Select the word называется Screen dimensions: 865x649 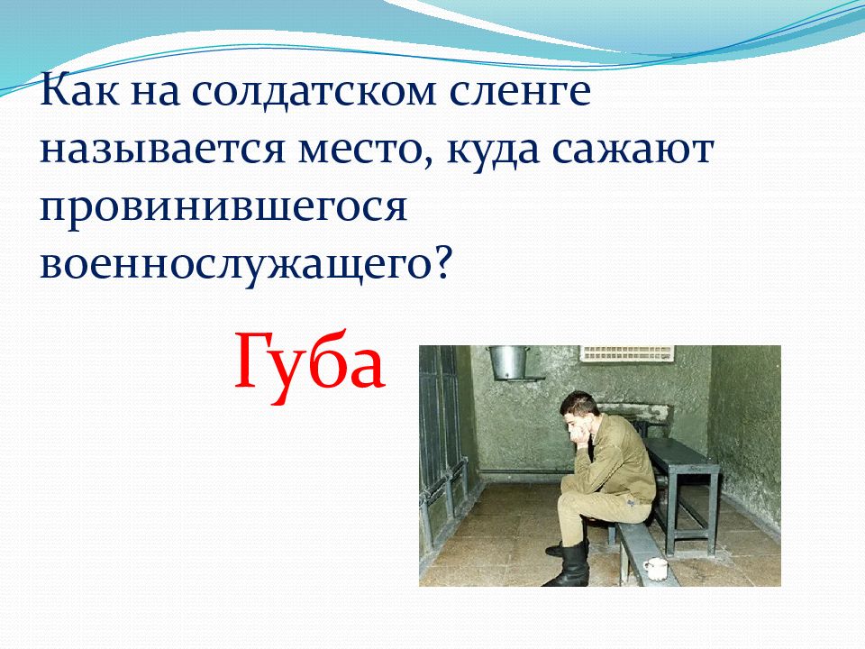(x=163, y=150)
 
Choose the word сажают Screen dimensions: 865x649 (x=633, y=151)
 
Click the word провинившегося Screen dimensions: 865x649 (x=223, y=209)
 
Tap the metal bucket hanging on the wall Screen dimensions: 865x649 (x=508, y=362)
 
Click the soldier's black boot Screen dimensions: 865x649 (x=569, y=563)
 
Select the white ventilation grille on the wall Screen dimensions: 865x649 (x=627, y=353)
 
